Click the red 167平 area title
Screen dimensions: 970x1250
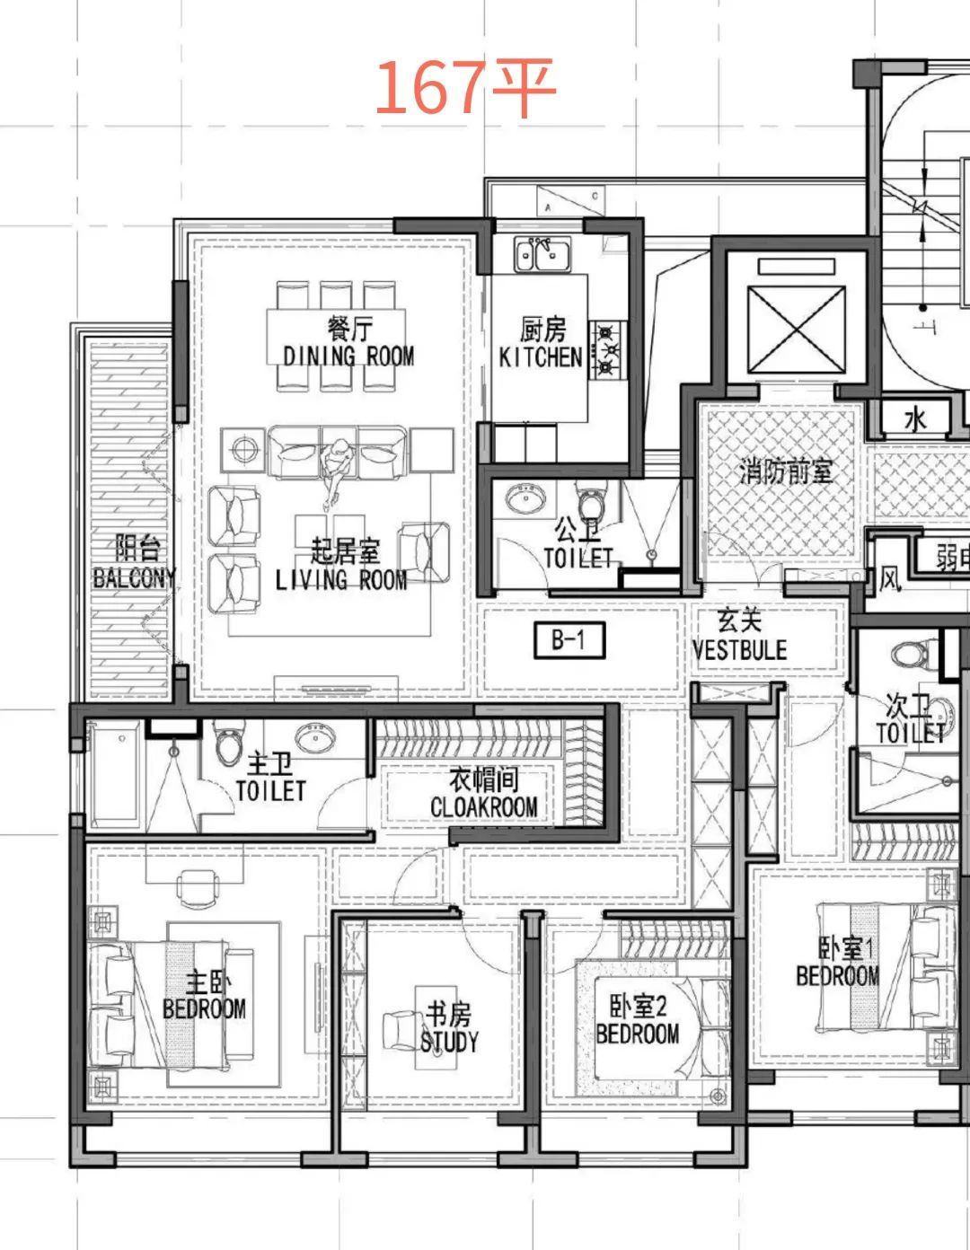(465, 87)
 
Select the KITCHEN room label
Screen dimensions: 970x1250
(540, 357)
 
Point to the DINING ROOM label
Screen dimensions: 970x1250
(348, 357)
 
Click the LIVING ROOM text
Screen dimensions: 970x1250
(341, 580)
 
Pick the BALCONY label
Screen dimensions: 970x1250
(135, 578)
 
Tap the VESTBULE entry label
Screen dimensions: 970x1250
(740, 650)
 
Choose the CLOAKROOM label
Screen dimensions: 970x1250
(484, 806)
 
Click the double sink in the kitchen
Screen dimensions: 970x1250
(542, 254)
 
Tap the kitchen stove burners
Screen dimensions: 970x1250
(607, 349)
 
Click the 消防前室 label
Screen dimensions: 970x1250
(786, 473)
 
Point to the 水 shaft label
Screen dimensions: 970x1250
(915, 420)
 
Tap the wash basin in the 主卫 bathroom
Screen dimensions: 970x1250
(314, 736)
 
